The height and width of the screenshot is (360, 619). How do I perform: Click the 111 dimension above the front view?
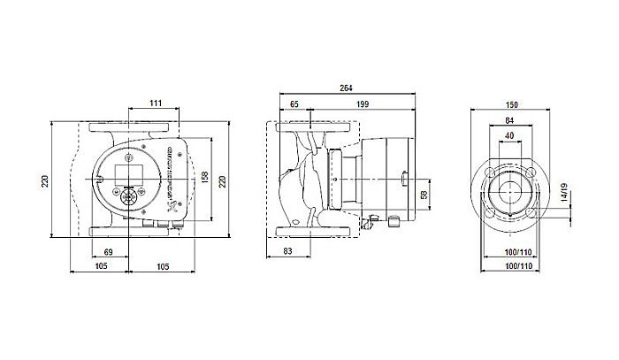(x=155, y=105)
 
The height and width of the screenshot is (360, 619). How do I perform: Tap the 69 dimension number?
(x=109, y=255)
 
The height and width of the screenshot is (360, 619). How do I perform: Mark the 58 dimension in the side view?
(x=424, y=194)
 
